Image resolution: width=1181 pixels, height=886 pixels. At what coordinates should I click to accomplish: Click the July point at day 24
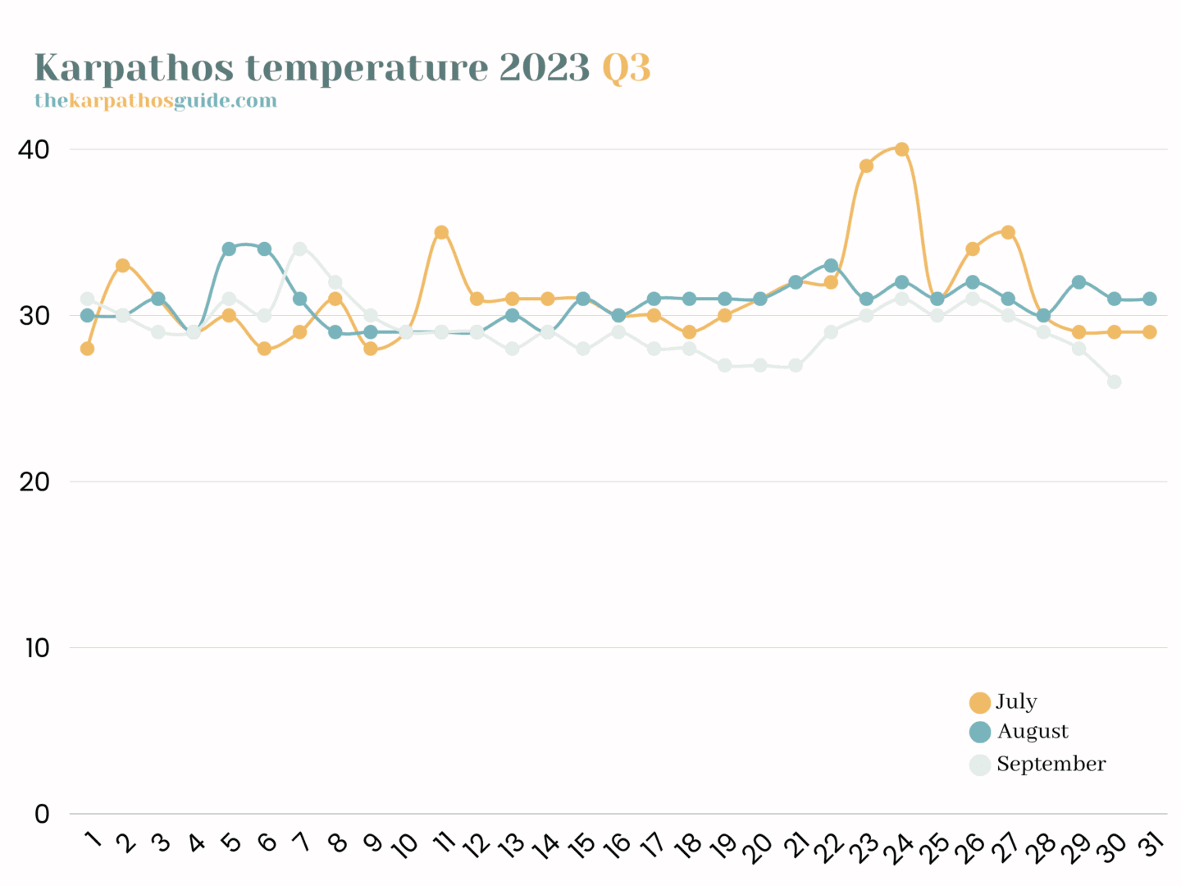[x=901, y=149]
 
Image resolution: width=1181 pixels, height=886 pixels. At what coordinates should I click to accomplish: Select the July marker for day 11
[x=441, y=233]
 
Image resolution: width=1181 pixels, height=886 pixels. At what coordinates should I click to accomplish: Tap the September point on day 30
[x=1114, y=381]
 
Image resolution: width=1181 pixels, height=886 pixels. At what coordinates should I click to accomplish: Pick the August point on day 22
[x=831, y=266]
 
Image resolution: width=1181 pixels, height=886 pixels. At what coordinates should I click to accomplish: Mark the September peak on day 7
[x=299, y=249]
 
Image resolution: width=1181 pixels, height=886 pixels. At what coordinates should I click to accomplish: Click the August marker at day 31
[x=1149, y=299]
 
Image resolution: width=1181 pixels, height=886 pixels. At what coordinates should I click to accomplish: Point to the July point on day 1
[x=87, y=349]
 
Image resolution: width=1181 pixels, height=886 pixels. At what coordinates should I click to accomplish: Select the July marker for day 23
[x=866, y=166]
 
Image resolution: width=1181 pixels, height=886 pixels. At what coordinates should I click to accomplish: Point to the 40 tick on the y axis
[x=34, y=150]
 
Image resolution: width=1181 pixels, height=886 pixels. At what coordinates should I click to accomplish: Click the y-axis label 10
[x=37, y=648]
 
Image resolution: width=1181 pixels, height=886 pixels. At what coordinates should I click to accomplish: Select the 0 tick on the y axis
[x=42, y=815]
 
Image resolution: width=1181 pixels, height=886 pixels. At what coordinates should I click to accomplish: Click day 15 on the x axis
[x=581, y=846]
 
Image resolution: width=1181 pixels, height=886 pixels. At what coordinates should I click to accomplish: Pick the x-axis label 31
[x=1151, y=844]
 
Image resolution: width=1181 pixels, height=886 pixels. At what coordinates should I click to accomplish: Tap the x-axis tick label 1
[x=93, y=840]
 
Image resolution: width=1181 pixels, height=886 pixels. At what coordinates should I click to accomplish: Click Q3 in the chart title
[x=627, y=68]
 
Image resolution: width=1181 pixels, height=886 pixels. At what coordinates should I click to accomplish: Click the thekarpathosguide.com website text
[x=156, y=101]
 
